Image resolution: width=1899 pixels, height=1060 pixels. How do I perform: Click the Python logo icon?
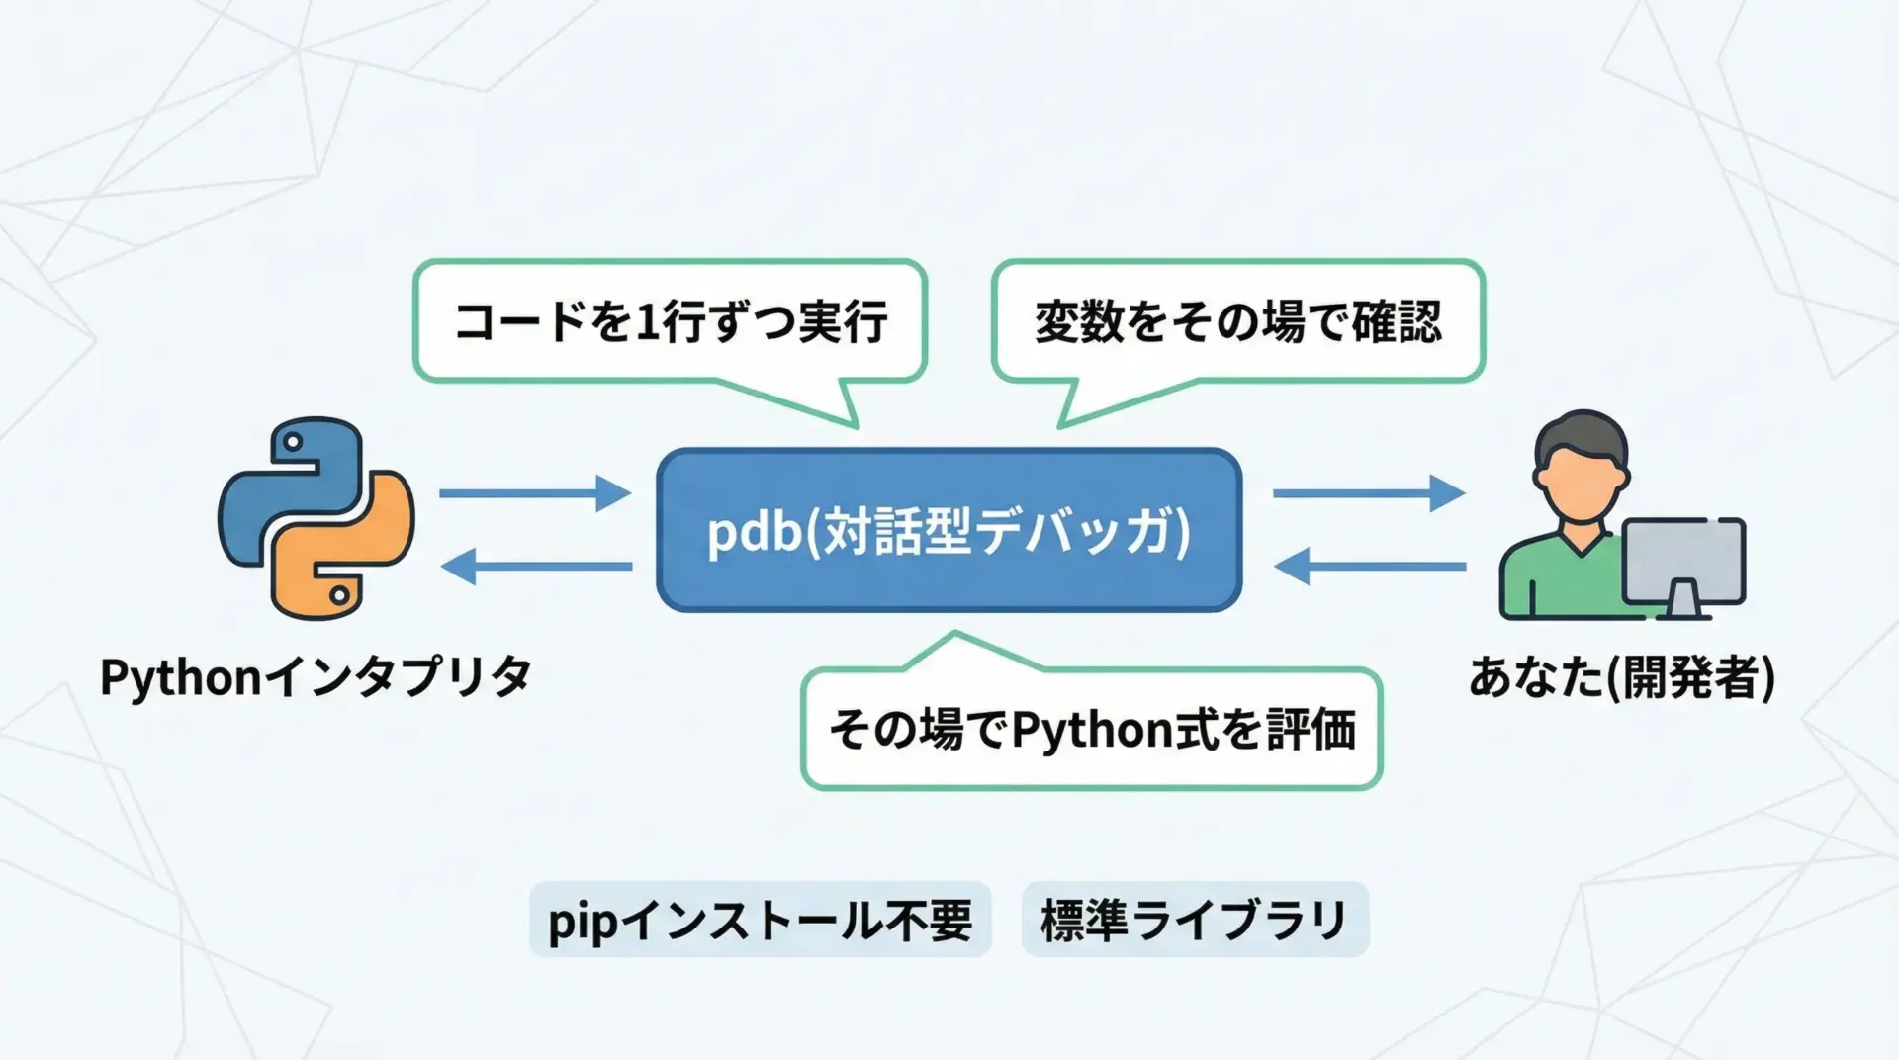point(316,517)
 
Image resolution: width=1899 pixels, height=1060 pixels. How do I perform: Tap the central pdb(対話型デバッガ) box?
point(949,530)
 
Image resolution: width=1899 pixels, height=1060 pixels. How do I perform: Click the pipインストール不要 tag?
point(760,920)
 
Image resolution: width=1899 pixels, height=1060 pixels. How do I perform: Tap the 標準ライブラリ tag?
point(1195,920)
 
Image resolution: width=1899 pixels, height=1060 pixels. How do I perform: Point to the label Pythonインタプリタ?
point(316,678)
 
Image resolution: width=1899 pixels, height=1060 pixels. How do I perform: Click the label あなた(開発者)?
point(1621,678)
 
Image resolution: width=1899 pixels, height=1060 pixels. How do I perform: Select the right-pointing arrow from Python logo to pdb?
point(535,492)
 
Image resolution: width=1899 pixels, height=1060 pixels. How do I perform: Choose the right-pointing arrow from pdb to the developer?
point(1369,492)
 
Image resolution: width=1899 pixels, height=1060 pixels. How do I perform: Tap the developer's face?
point(1581,485)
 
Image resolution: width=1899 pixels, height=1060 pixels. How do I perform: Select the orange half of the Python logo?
point(346,554)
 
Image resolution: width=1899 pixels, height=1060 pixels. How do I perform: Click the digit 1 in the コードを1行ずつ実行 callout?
point(647,322)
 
